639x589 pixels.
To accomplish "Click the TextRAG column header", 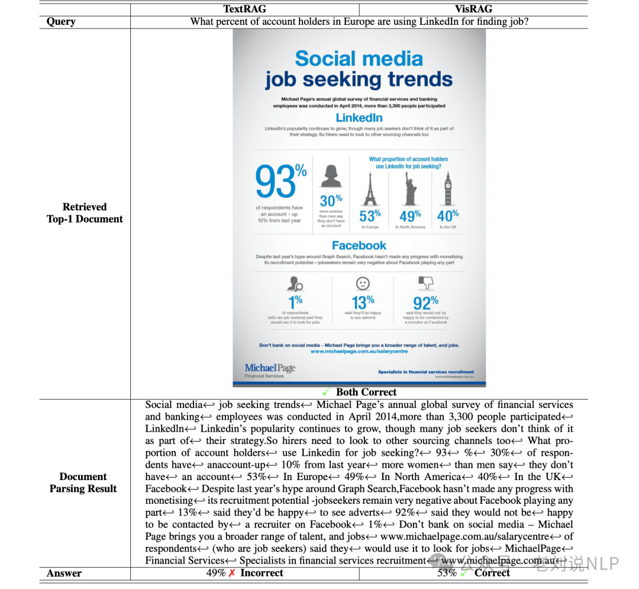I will tap(244, 9).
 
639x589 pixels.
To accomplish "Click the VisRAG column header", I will tap(473, 9).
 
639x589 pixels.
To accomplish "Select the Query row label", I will tap(61, 22).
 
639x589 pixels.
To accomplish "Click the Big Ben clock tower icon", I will tap(448, 188).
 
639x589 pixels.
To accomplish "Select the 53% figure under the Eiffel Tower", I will tap(370, 216).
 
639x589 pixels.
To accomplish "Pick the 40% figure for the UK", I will tap(448, 216).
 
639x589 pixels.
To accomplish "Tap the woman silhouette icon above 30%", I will tap(331, 175).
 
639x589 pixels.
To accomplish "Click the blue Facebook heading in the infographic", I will tap(359, 245).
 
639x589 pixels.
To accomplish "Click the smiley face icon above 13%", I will tap(363, 283).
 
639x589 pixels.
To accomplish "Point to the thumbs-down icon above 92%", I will tap(425, 283).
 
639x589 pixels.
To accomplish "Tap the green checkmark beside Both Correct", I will tap(326, 392).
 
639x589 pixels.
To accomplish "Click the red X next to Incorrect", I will tap(232, 573).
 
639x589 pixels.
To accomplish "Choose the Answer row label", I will tap(64, 573).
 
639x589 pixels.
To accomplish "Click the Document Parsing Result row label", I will tap(83, 482).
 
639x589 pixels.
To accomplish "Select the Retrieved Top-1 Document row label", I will tap(85, 213).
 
